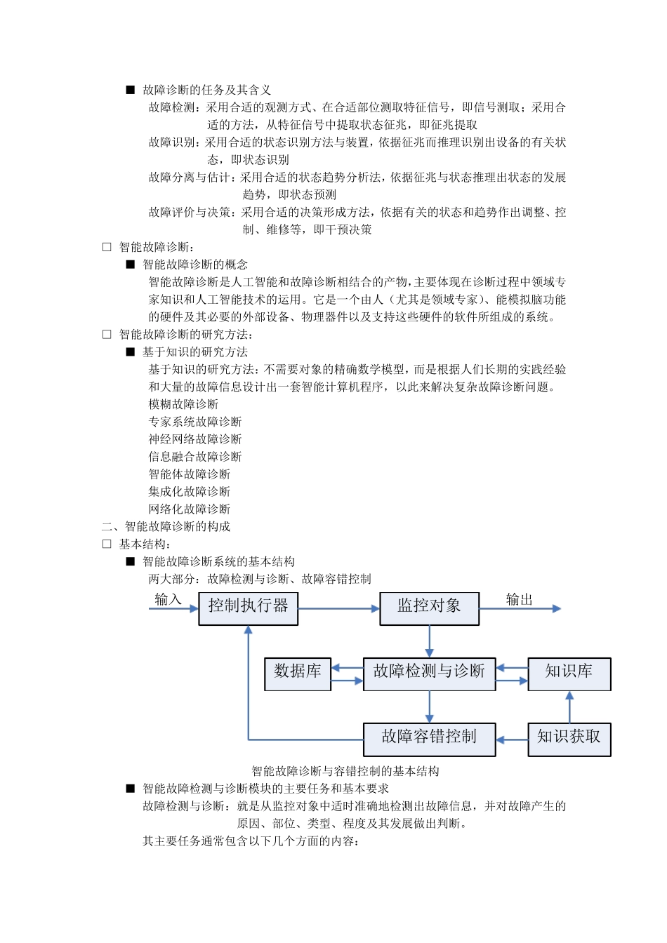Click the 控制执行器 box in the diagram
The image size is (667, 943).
[248, 608]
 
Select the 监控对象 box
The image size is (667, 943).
[429, 608]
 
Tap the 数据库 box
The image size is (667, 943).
[298, 674]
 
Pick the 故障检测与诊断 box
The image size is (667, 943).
[429, 674]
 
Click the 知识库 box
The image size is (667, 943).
[569, 674]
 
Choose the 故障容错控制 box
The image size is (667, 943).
[429, 739]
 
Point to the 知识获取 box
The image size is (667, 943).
[569, 739]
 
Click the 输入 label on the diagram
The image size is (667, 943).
[168, 599]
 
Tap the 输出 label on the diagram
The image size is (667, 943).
[520, 599]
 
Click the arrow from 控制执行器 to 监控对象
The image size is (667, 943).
[338, 608]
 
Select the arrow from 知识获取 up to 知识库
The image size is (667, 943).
[569, 707]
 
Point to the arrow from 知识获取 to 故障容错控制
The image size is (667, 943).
[512, 739]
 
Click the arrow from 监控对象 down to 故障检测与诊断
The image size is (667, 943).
[429, 641]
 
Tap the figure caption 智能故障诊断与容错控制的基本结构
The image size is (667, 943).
[345, 771]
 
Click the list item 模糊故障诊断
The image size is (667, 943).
[183, 404]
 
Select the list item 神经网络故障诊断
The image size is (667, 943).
[195, 439]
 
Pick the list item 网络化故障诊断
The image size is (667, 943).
[190, 509]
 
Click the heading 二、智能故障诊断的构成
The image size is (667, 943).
[166, 527]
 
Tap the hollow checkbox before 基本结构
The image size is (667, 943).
[107, 544]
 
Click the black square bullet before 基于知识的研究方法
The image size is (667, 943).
[130, 352]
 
